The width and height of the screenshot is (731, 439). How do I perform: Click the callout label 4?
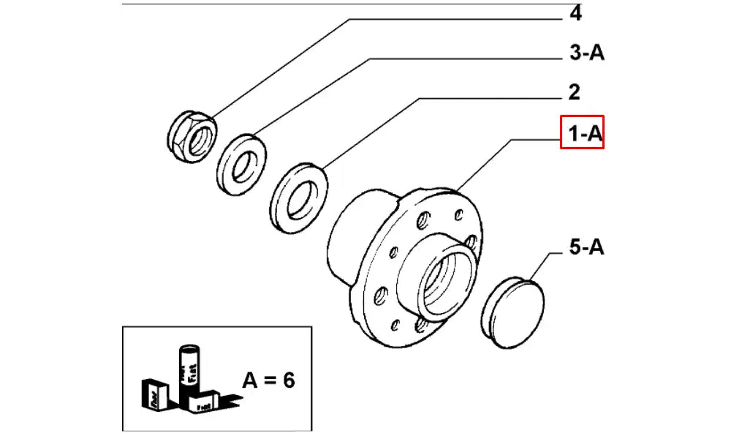(x=576, y=15)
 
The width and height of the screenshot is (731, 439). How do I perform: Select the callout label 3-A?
(x=586, y=53)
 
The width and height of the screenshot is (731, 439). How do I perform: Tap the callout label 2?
(x=575, y=92)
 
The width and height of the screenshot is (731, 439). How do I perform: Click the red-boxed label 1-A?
(x=582, y=132)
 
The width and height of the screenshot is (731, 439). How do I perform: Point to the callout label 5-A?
(x=586, y=248)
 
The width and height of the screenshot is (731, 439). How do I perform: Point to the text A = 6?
(x=268, y=380)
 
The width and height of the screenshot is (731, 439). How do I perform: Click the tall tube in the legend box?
(x=189, y=369)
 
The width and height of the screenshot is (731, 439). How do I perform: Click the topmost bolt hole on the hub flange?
(x=459, y=214)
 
